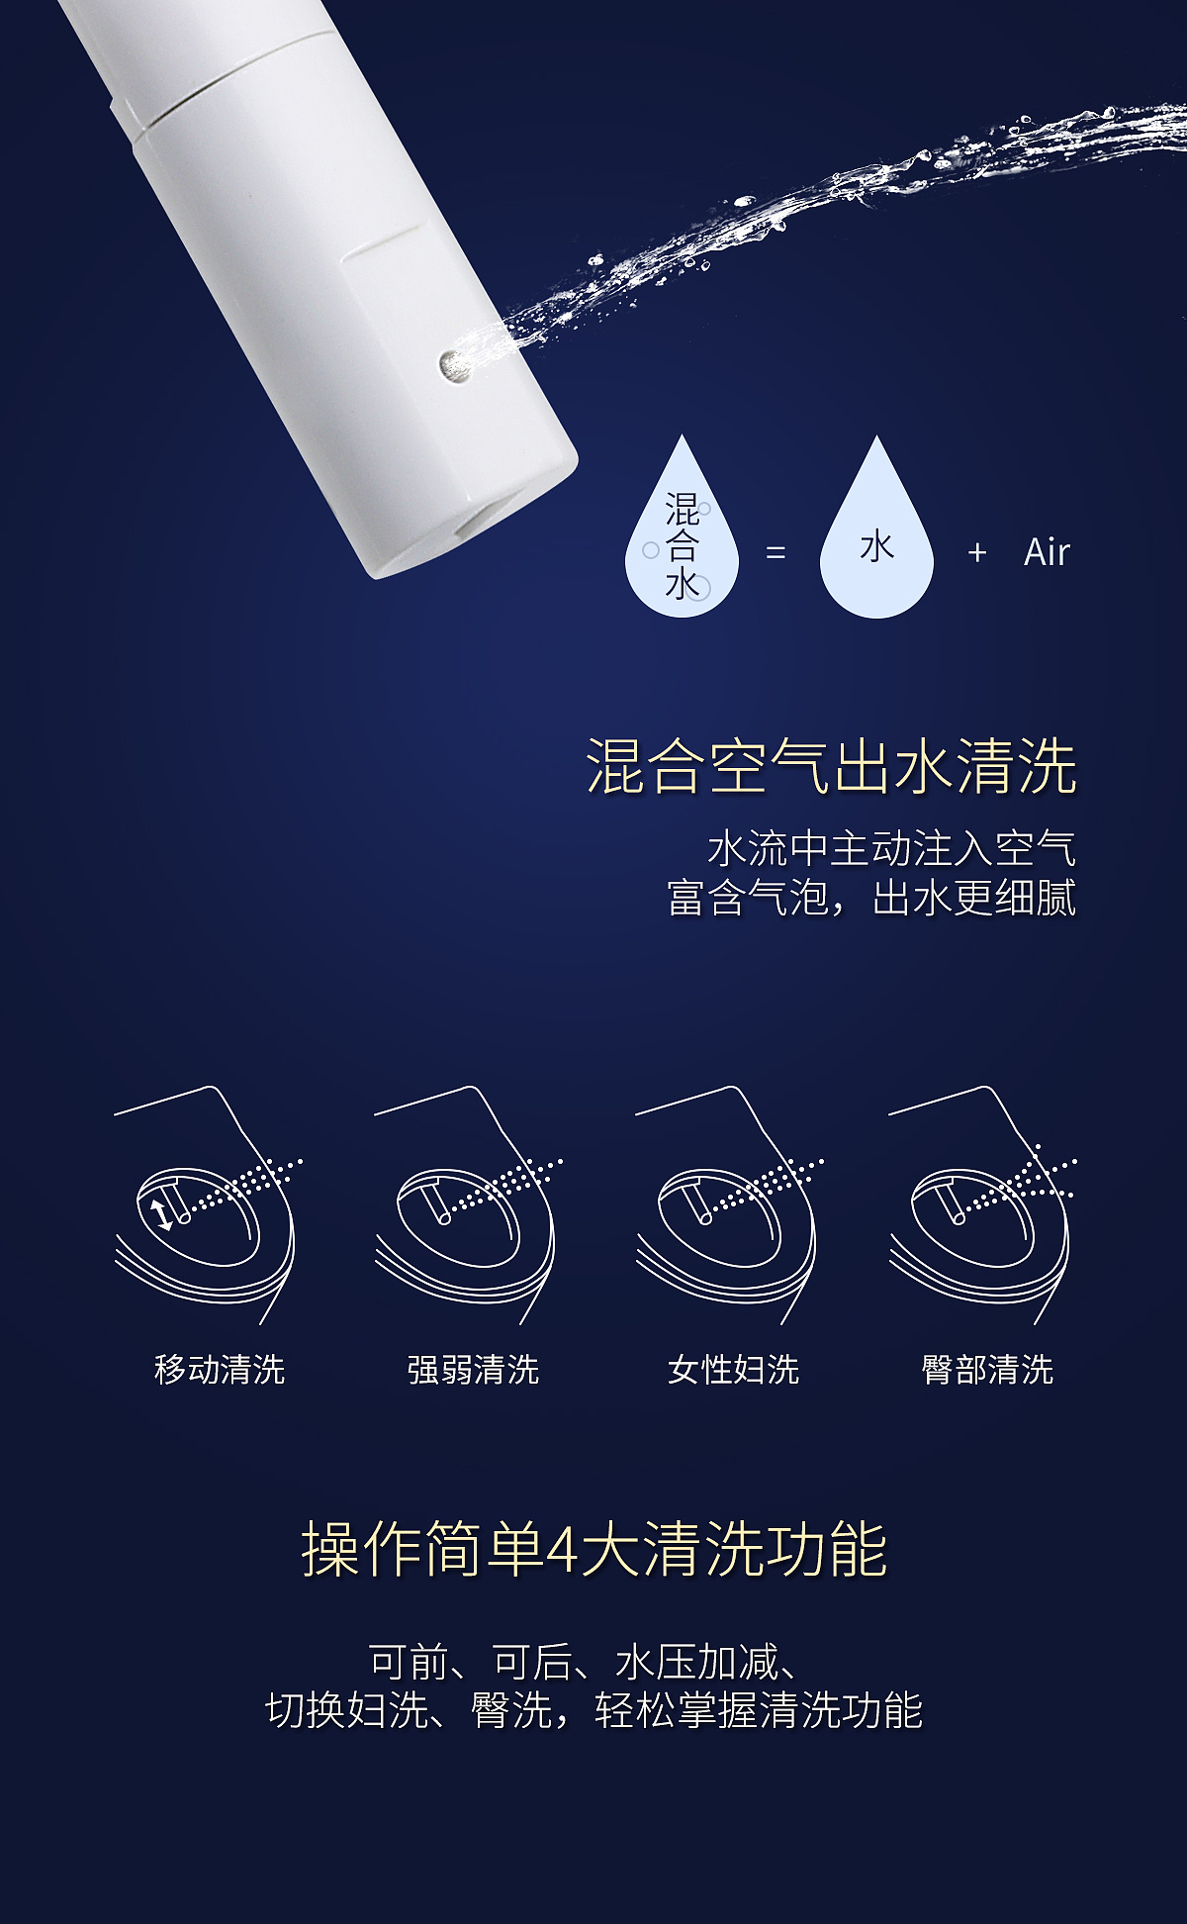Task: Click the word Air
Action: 1047,552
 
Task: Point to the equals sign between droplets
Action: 776,552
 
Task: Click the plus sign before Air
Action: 977,552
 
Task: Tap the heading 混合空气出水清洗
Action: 831,766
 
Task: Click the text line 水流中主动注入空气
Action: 890,849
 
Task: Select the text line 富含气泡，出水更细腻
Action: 870,899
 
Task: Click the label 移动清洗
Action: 220,1370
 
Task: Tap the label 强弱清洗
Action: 473,1370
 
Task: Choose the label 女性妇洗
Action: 733,1370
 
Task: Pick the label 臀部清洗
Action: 987,1370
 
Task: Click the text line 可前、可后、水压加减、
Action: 584,1663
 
